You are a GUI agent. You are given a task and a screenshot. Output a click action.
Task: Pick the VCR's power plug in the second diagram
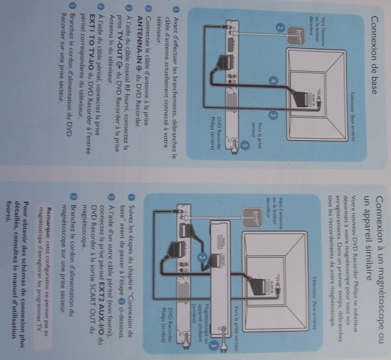(x=226, y=348)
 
